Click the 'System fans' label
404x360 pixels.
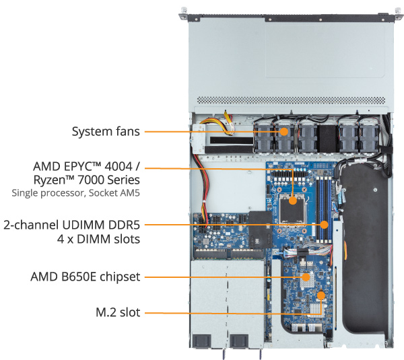tap(106, 131)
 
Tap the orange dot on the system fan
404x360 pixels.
tap(284, 131)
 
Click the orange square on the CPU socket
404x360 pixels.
tap(294, 199)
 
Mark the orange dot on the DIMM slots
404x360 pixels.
tap(324, 224)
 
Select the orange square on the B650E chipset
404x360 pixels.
tap(305, 276)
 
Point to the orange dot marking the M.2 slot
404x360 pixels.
tap(321, 295)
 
